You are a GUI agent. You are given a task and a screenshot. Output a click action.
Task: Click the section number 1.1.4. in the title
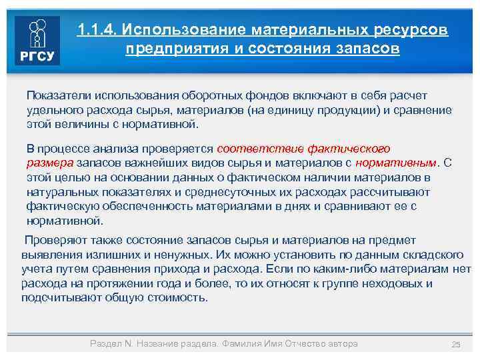(x=97, y=31)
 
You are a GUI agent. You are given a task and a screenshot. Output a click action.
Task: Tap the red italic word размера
(x=50, y=162)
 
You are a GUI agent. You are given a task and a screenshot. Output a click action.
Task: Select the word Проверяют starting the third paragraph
(x=51, y=240)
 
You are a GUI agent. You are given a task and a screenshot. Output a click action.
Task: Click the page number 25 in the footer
(x=456, y=344)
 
